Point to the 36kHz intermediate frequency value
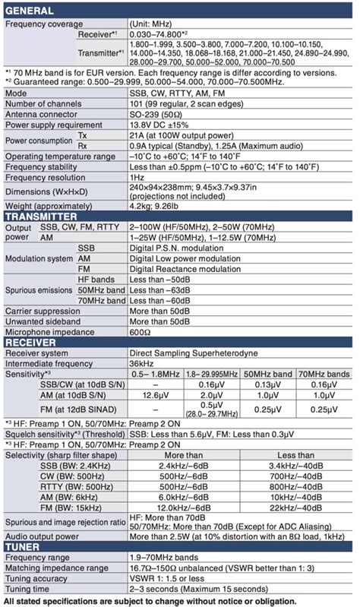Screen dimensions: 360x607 (143, 363)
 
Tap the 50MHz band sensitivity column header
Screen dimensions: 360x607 (266, 374)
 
